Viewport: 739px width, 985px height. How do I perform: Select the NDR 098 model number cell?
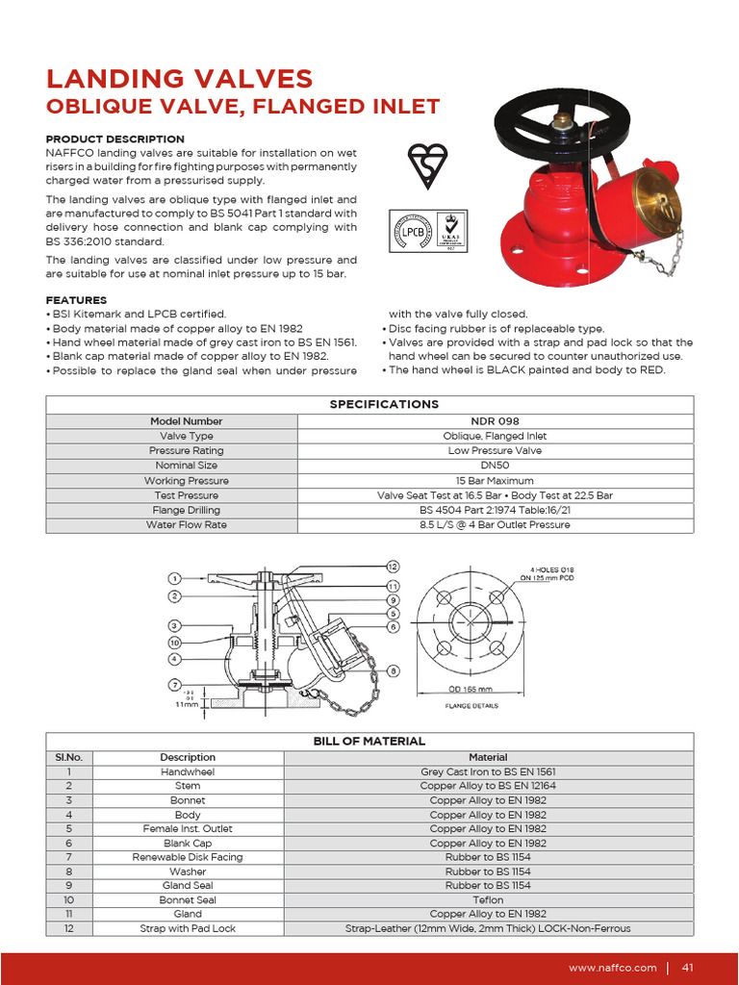tap(495, 421)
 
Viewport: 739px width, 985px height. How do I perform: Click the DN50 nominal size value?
tap(495, 466)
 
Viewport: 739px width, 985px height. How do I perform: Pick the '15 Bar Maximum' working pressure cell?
tap(495, 481)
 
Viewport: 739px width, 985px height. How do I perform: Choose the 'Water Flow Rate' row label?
tap(186, 525)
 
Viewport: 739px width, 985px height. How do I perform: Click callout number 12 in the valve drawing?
tap(393, 566)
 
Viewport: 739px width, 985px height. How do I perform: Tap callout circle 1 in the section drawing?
tap(175, 579)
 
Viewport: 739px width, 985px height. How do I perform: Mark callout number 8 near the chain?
tap(394, 670)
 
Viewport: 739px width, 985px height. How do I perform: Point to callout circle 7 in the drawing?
tap(175, 685)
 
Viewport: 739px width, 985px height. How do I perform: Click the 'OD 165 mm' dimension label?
tap(470, 689)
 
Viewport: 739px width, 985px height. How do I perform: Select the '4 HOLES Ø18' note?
tap(552, 568)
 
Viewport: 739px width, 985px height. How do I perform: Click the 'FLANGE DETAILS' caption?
tap(471, 706)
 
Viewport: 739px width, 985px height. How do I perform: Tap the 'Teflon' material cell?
tap(488, 899)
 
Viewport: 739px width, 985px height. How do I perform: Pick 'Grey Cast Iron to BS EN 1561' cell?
tap(488, 771)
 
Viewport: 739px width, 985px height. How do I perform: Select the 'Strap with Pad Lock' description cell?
tap(188, 928)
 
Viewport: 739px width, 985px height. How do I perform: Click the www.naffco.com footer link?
tap(613, 967)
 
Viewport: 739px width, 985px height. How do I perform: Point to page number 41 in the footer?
tap(688, 967)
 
